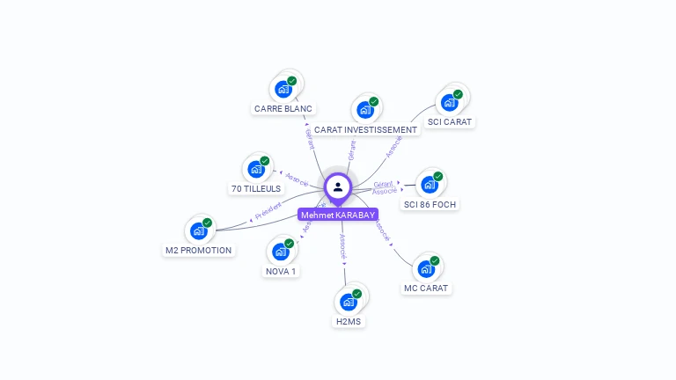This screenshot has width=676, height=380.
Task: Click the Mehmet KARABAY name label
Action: click(338, 215)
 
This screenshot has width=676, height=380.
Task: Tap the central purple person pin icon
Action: click(338, 186)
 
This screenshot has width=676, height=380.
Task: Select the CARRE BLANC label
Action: click(283, 109)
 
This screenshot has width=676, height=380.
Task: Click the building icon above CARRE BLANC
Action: click(283, 89)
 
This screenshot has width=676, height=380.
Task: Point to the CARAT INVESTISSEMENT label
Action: click(365, 130)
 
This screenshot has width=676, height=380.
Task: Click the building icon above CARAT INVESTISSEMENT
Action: click(365, 110)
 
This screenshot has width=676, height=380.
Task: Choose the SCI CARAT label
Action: click(450, 122)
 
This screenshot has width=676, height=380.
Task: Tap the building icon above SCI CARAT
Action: click(450, 102)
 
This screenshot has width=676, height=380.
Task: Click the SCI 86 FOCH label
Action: click(430, 205)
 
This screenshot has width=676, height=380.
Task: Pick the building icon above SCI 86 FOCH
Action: click(430, 185)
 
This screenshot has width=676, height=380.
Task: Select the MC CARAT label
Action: click(426, 289)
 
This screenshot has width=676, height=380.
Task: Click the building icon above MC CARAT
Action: click(426, 268)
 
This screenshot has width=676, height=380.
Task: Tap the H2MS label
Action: click(349, 322)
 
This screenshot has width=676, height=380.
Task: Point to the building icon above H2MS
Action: click(349, 302)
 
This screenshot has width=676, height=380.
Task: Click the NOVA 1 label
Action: click(281, 272)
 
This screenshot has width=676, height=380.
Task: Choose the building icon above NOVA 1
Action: click(281, 252)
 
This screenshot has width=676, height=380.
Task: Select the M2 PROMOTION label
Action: click(199, 251)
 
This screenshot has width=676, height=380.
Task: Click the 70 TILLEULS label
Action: click(256, 189)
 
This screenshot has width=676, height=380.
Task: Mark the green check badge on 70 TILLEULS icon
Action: click(264, 161)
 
